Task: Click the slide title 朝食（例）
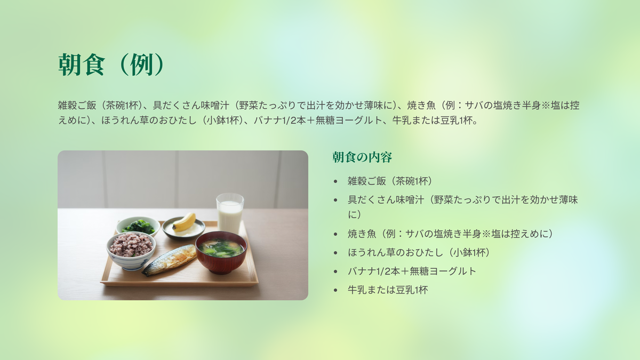click(111, 65)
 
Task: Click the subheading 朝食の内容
click(362, 157)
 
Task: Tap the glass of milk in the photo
click(230, 213)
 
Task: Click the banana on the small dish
click(185, 222)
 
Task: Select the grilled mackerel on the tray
click(170, 260)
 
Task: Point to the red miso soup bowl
click(221, 252)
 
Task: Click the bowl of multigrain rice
click(131, 250)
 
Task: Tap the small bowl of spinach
click(138, 226)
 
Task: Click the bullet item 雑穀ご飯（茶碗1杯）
click(390, 181)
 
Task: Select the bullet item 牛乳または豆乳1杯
click(388, 290)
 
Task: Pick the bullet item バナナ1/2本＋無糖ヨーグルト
click(412, 271)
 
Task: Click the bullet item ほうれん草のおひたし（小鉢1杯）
click(419, 253)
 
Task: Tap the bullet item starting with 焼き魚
click(451, 234)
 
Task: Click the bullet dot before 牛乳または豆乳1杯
click(335, 290)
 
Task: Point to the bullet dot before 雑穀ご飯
click(335, 181)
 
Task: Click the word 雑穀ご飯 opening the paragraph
click(77, 106)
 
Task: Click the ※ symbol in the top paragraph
click(546, 106)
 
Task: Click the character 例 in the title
click(141, 65)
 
